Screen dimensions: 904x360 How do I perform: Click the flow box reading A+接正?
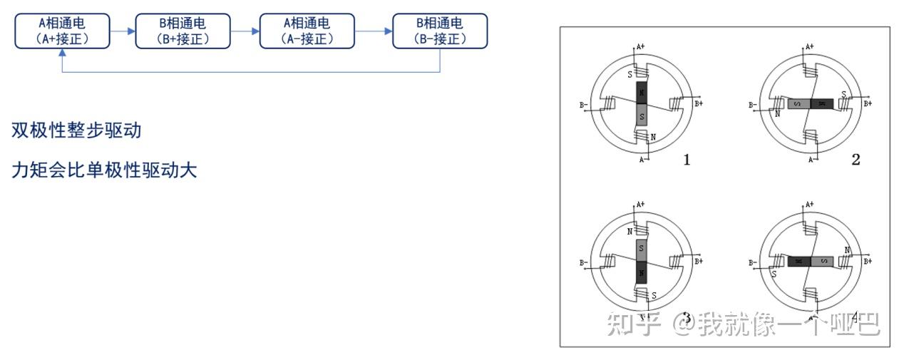[62, 31]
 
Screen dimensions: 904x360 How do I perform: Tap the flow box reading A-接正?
[307, 31]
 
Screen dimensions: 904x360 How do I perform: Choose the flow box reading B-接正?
[440, 31]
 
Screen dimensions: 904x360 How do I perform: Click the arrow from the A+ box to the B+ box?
[123, 31]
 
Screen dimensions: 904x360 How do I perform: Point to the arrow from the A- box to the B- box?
[374, 31]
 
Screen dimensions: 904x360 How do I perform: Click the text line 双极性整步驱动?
[76, 130]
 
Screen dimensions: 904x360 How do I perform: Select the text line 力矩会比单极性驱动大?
[104, 171]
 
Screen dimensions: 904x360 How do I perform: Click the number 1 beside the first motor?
[687, 160]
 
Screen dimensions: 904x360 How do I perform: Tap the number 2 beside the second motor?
[856, 160]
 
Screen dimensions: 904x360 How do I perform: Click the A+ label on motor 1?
[641, 47]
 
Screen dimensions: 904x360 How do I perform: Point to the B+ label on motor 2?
[868, 103]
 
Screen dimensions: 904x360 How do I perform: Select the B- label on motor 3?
[585, 263]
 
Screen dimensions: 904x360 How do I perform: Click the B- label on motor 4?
[753, 263]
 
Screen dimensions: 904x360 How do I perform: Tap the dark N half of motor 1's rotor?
[641, 93]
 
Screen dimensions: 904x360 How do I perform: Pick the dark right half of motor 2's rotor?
[821, 104]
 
